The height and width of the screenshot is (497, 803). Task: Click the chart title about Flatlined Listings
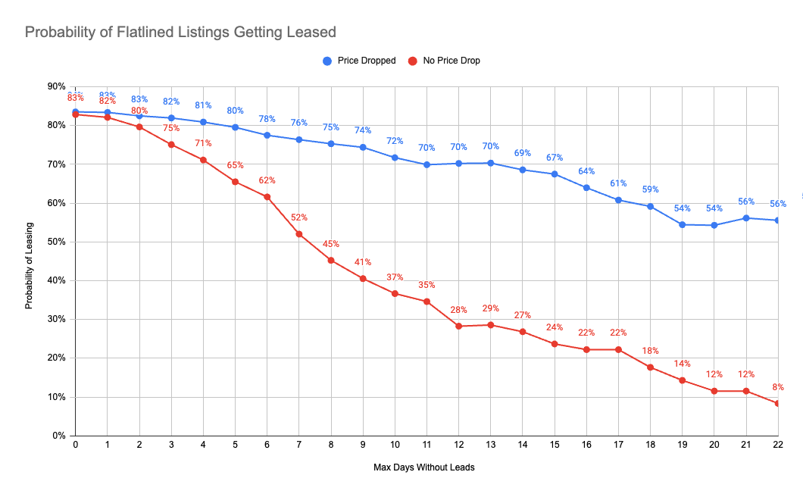point(180,33)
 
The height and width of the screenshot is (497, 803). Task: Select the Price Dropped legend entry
point(360,61)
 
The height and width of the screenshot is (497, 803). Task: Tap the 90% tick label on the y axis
point(56,86)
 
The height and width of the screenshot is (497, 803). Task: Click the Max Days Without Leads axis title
point(424,467)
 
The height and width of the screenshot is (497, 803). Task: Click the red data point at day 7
point(299,234)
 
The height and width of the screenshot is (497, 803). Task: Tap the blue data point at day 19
point(683,224)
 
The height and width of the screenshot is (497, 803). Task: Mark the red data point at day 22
point(778,403)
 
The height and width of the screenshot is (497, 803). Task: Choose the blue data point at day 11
point(427,164)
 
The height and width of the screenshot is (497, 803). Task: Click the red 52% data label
point(299,217)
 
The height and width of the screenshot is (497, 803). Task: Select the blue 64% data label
point(586,171)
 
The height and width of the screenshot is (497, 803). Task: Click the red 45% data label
point(331,244)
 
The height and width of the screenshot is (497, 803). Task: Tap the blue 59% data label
point(651,189)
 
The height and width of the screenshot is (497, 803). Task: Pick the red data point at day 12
point(459,326)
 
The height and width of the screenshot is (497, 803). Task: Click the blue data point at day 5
point(236,127)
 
